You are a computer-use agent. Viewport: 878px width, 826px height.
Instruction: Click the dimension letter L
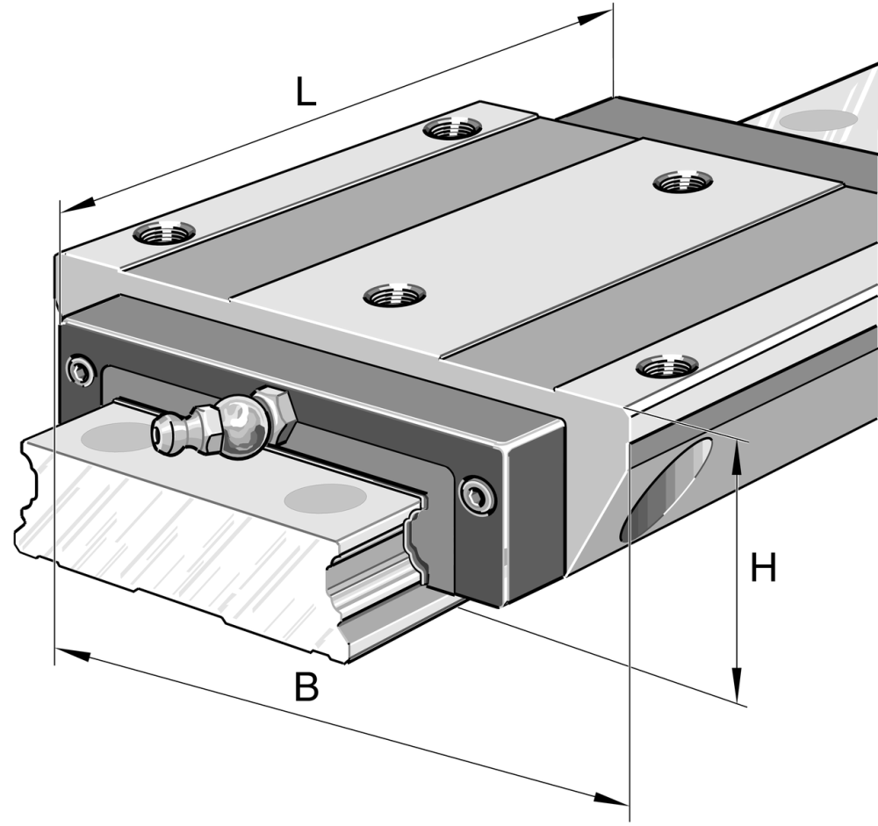tap(305, 92)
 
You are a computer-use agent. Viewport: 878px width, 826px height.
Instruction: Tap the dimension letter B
tap(306, 687)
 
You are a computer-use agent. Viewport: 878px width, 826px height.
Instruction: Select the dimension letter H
tap(763, 569)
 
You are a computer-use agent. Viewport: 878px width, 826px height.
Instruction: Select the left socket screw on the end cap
tap(82, 370)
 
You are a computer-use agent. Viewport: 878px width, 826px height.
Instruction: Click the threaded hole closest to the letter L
tap(450, 129)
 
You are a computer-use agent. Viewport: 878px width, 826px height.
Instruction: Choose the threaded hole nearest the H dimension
tap(666, 364)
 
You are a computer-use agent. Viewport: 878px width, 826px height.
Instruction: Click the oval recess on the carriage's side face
tap(667, 492)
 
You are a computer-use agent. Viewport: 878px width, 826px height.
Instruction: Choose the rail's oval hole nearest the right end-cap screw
tap(325, 499)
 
